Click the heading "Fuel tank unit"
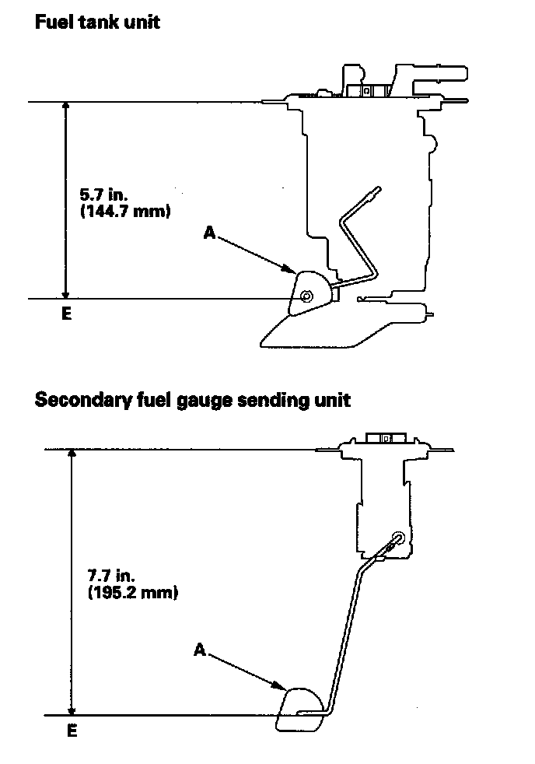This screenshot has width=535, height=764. pos(97,22)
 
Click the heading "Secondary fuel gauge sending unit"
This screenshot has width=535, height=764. pos(192,400)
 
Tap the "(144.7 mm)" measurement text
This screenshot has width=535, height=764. pos(125,212)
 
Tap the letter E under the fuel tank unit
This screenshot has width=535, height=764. pos(65,314)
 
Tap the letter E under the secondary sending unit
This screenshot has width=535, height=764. pos(72,731)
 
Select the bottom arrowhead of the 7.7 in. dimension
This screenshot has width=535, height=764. pos(72,709)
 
